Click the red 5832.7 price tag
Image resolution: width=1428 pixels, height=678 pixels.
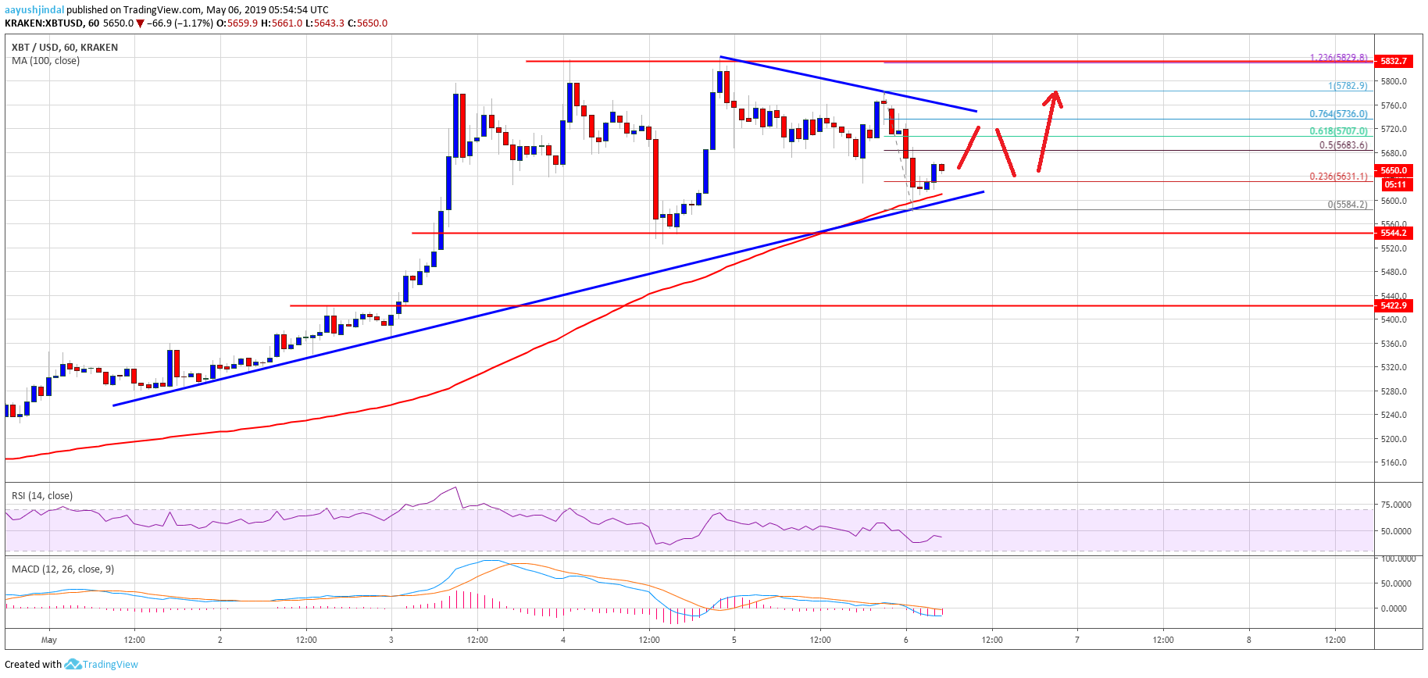(x=1394, y=61)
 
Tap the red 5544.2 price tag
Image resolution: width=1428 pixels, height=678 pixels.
(x=1394, y=233)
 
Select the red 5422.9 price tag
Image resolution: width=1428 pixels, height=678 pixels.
(x=1394, y=305)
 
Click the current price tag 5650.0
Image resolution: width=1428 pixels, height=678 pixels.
(x=1394, y=170)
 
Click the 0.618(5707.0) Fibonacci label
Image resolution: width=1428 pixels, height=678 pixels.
(x=1338, y=131)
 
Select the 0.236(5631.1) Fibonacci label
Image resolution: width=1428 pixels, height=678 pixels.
(x=1338, y=177)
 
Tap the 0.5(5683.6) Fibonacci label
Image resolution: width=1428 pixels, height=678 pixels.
(x=1343, y=145)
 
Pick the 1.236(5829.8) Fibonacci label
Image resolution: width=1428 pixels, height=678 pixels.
(x=1338, y=58)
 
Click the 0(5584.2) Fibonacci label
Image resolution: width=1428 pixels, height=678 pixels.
(x=1348, y=205)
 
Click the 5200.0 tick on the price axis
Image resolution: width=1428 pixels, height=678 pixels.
(x=1394, y=439)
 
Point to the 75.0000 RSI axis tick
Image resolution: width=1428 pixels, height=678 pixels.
(x=1396, y=505)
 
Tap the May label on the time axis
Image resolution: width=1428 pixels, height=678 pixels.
(x=49, y=641)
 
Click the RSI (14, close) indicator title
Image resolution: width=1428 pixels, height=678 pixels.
(x=42, y=496)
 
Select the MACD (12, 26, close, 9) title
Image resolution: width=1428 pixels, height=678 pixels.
(x=62, y=569)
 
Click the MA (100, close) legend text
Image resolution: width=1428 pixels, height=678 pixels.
(x=45, y=61)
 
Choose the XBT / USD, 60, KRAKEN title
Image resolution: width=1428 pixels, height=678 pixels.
(x=65, y=48)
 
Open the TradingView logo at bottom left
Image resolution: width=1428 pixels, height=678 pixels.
(x=101, y=665)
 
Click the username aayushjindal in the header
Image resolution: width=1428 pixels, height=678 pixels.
(x=34, y=10)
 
